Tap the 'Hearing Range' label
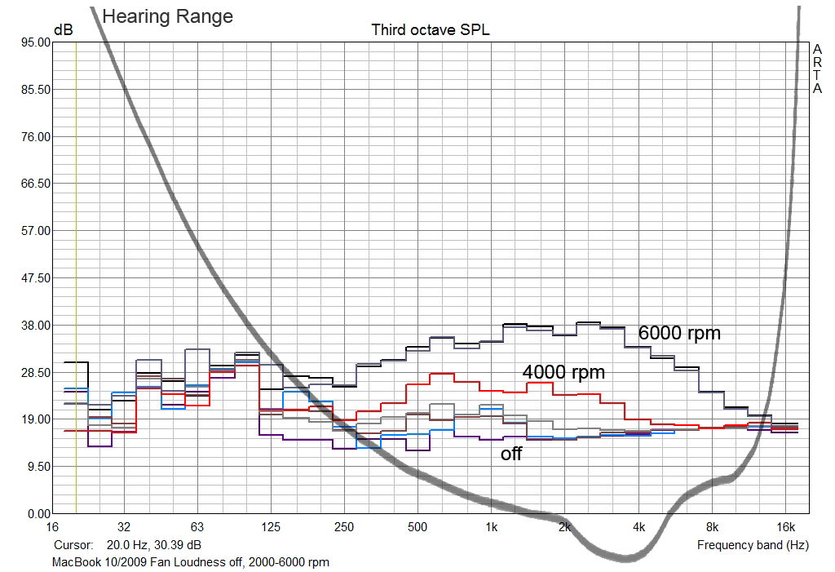coord(167,16)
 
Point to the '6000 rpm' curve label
coord(679,333)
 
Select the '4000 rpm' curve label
coord(563,372)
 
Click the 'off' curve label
coord(511,454)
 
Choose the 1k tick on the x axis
coord(491,527)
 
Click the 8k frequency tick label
coord(712,527)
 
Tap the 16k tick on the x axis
coord(786,527)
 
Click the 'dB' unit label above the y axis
coord(63,30)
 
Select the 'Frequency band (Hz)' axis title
coord(753,544)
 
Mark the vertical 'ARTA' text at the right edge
coord(817,69)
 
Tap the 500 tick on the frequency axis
coord(417,527)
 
